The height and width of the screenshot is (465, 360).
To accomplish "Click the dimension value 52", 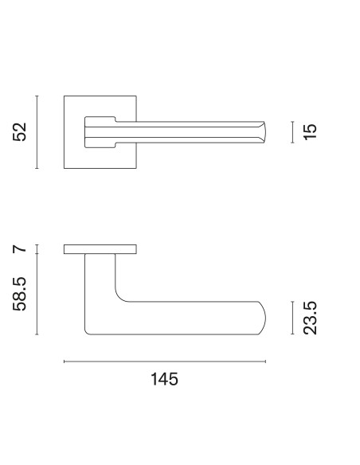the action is (20, 131).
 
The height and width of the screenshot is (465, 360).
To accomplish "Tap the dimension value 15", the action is (310, 131).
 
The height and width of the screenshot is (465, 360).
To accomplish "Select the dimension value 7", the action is (20, 249).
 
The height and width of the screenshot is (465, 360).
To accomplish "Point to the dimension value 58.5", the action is (20, 294).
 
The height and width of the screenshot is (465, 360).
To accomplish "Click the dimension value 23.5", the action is (310, 318).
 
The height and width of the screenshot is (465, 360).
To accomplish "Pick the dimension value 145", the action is (165, 379).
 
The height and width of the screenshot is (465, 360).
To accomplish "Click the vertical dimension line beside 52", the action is (37, 132).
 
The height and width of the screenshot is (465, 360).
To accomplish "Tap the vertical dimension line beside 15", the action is (292, 132).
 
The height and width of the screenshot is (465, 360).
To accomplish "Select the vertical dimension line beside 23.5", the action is (292, 318).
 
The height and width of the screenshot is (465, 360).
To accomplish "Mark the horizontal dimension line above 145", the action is (165, 361).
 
